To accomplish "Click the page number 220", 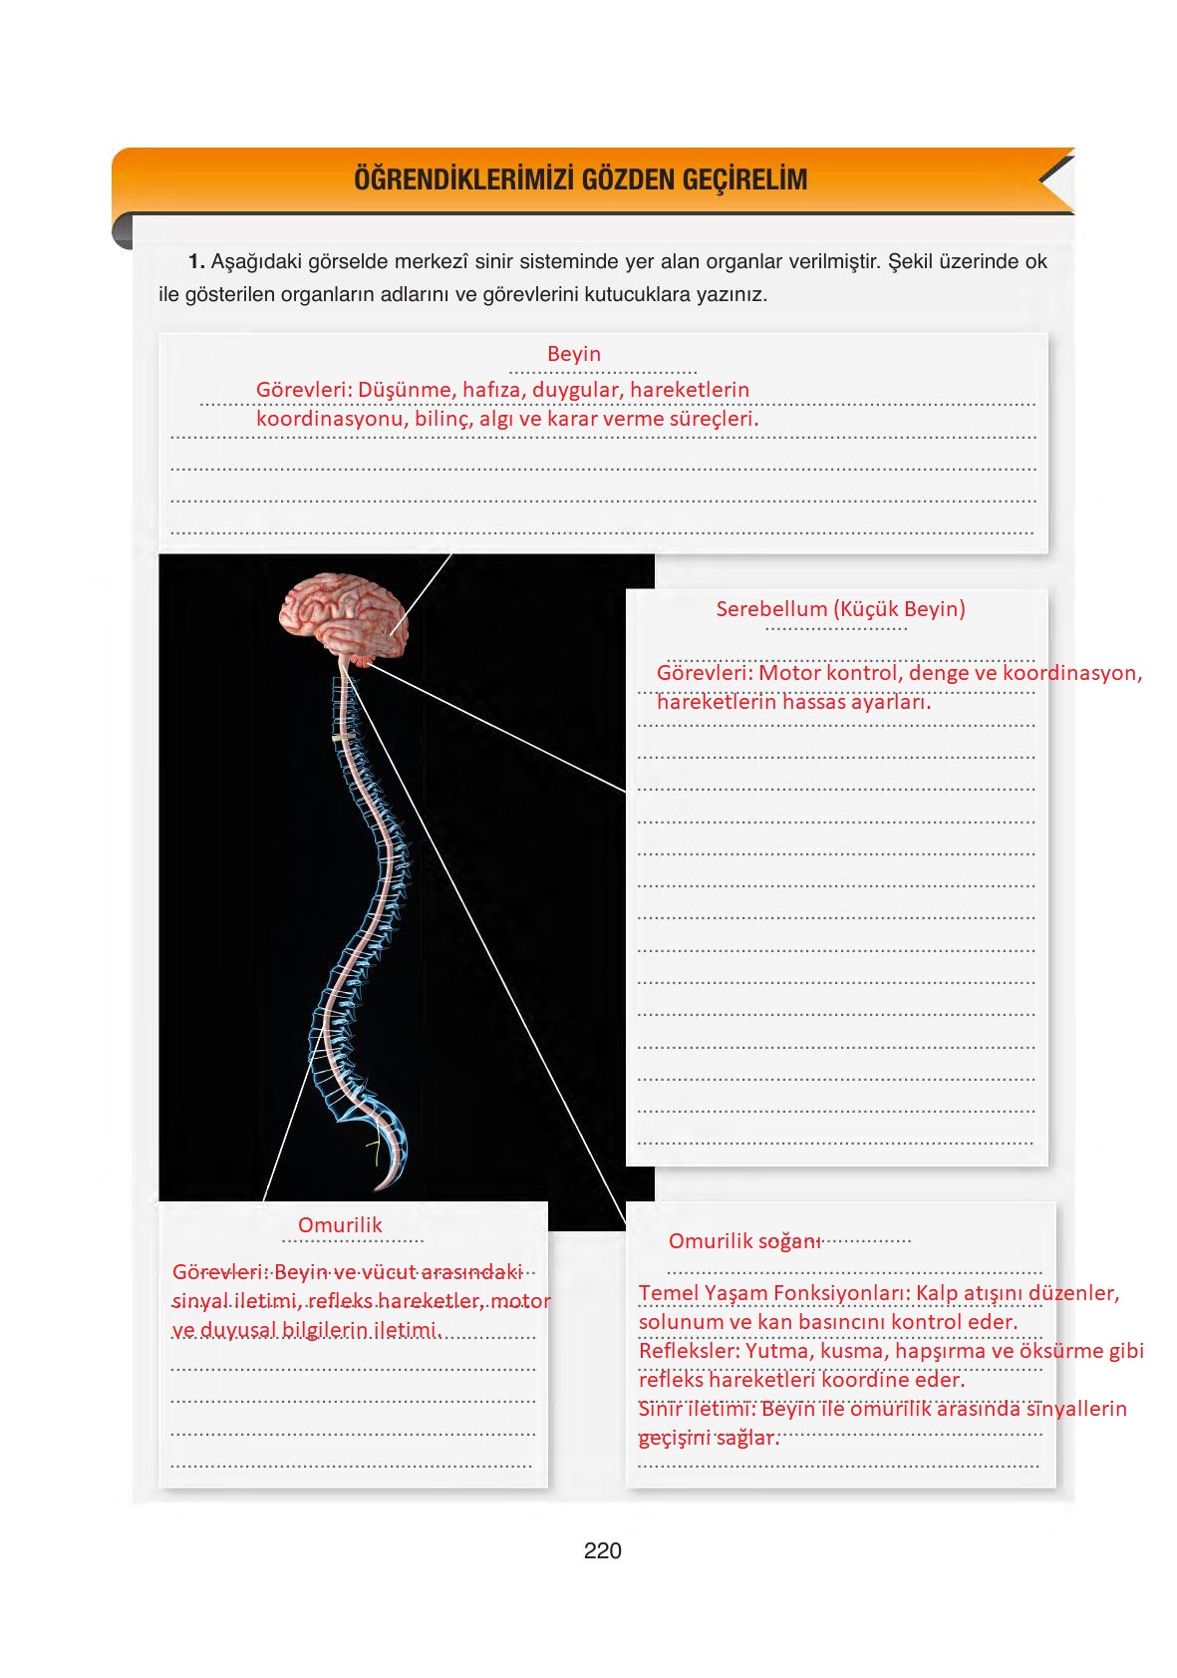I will coord(602,1550).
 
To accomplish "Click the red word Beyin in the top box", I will coord(574,354).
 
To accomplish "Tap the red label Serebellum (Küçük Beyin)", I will coord(840,609).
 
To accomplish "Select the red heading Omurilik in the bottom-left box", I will coord(340,1225).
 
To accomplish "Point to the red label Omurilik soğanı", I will coord(744,1241).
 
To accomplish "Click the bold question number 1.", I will coord(196,262).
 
